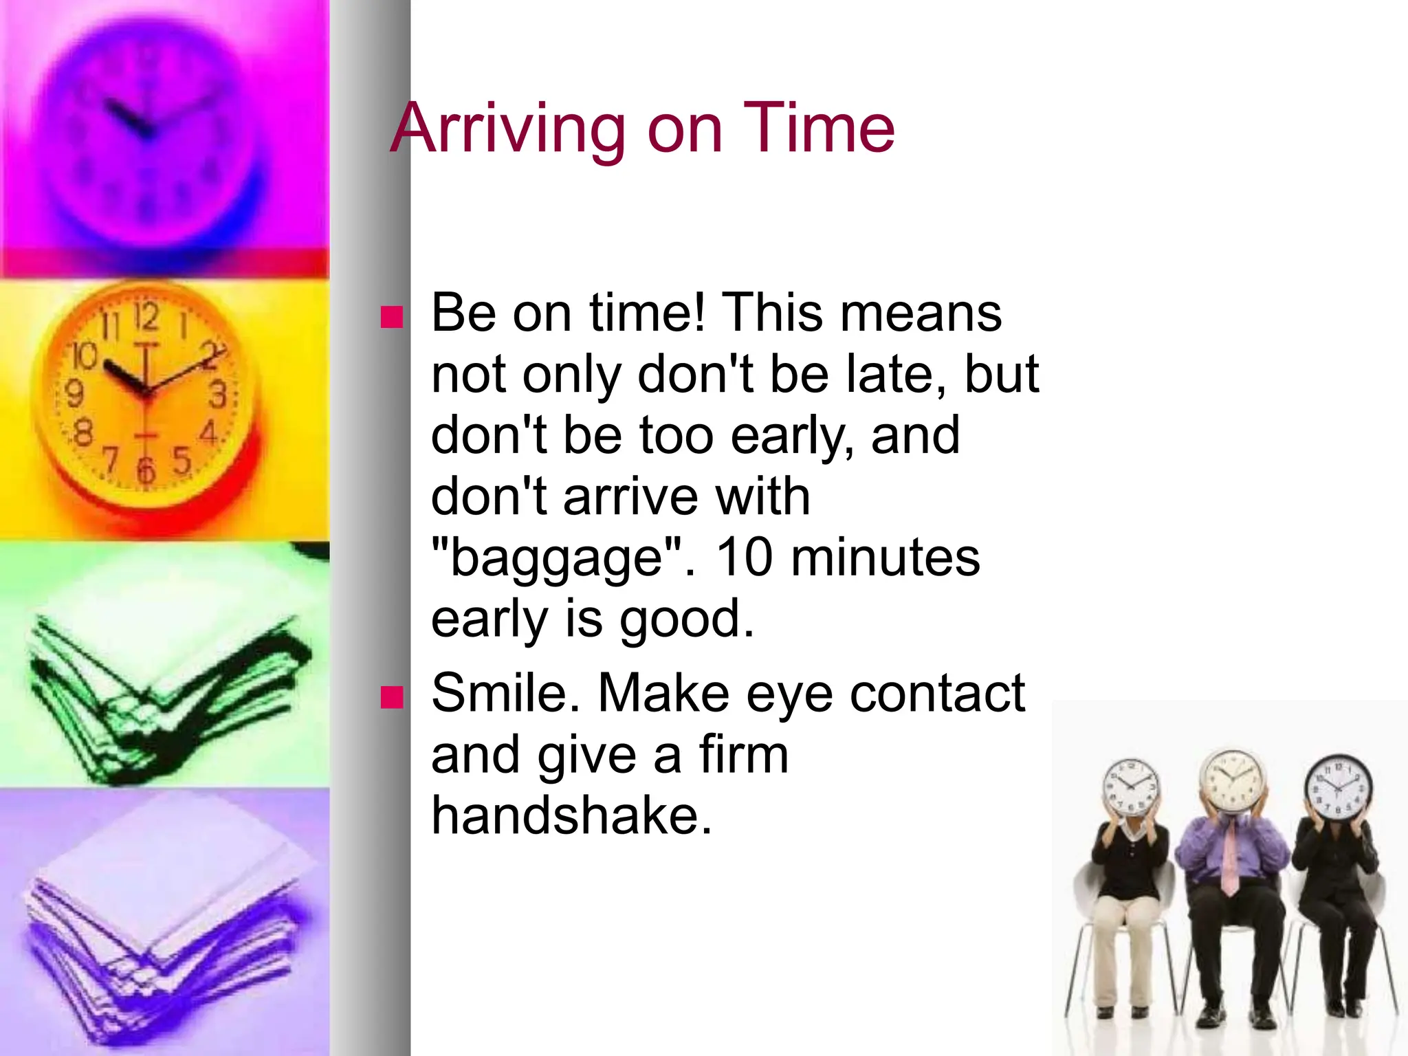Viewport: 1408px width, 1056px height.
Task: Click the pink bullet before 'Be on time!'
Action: click(392, 317)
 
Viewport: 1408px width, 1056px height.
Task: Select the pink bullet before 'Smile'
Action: click(392, 697)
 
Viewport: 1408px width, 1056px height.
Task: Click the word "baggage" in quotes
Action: click(558, 558)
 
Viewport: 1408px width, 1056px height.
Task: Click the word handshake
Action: click(571, 815)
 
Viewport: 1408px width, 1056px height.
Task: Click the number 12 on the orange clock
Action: click(146, 317)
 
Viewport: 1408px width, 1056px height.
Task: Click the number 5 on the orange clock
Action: click(181, 460)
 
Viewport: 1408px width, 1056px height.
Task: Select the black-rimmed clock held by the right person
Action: click(1338, 788)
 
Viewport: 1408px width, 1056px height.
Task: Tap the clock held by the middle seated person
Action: click(1233, 781)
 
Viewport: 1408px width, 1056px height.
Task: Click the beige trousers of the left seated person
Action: click(1121, 949)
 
